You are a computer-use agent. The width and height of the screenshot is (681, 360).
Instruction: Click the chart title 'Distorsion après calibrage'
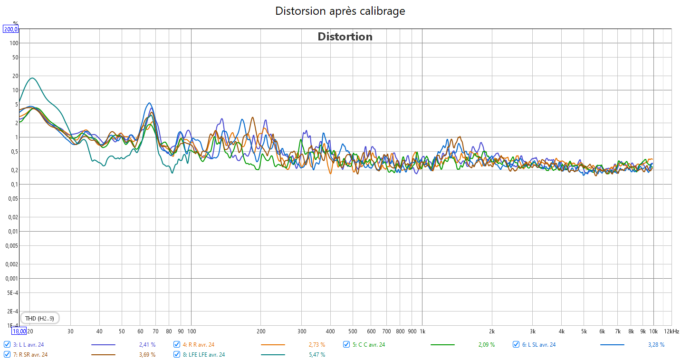tap(340, 11)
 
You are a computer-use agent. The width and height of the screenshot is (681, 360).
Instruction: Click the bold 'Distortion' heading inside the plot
tap(345, 37)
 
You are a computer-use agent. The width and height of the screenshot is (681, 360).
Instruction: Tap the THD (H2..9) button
tap(39, 318)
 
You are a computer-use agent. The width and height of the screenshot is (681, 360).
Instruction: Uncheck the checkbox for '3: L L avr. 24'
tap(7, 345)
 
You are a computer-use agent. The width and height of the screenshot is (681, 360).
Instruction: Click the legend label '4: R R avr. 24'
tap(198, 345)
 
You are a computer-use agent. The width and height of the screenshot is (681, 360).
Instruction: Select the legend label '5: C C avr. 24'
tap(369, 345)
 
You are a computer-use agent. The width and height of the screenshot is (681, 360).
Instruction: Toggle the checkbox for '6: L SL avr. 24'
tap(517, 345)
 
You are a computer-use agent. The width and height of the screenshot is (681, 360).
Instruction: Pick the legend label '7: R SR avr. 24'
tap(30, 354)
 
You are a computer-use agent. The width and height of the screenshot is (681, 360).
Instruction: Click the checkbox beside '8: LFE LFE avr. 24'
tap(177, 354)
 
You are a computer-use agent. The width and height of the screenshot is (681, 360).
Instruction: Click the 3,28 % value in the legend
tap(656, 345)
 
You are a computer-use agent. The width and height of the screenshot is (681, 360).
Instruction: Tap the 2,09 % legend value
tap(486, 345)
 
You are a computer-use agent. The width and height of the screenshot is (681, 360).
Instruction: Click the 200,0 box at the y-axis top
tap(11, 29)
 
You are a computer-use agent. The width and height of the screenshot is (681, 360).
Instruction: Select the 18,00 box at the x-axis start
tap(19, 331)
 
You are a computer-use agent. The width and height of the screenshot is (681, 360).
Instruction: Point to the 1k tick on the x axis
tap(422, 331)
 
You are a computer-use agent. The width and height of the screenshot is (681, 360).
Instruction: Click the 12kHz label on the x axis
tap(671, 331)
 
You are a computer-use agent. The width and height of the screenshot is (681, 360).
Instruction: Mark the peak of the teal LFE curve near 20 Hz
tap(32, 78)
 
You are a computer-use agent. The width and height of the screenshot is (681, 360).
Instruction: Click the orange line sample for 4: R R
tap(273, 345)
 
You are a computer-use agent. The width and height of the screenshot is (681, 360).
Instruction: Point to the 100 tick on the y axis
tap(14, 43)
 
